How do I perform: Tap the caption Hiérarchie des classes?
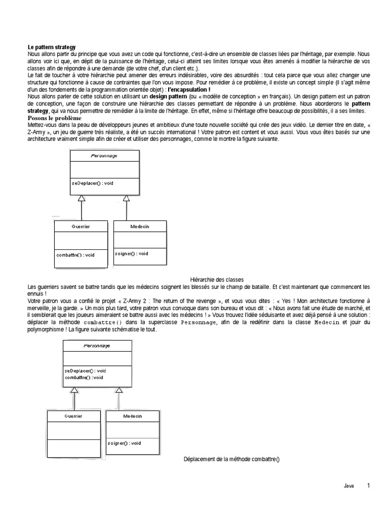(217, 280)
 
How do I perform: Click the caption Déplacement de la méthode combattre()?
(231, 459)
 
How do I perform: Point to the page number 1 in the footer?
(369, 486)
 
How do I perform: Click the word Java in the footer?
(348, 486)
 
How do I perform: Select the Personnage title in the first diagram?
(104, 156)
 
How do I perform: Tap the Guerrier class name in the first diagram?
(81, 226)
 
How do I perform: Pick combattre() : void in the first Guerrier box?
(75, 255)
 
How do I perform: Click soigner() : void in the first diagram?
(132, 253)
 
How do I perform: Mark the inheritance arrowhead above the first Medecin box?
(127, 198)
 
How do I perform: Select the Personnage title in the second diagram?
(97, 346)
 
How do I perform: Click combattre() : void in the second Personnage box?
(84, 378)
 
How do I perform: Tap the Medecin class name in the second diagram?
(133, 416)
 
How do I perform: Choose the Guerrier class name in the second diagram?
(73, 416)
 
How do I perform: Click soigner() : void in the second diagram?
(125, 443)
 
